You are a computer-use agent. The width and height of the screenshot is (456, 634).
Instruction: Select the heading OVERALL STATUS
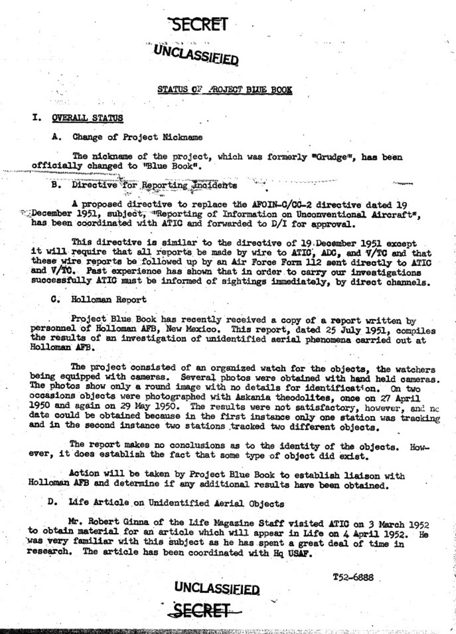[87, 118]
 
